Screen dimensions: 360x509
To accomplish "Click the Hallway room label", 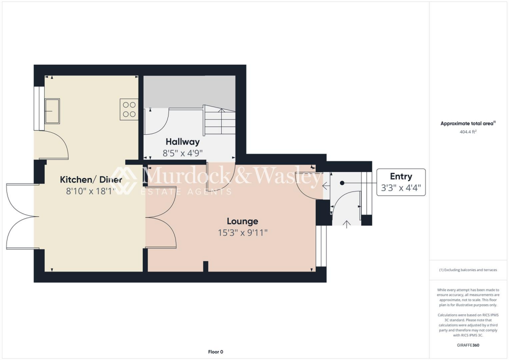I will pyautogui.click(x=182, y=142).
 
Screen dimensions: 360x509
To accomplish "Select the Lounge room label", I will pyautogui.click(x=243, y=221).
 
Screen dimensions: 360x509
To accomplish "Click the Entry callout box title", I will pyautogui.click(x=401, y=177).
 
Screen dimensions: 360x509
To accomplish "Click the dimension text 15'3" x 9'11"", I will pyautogui.click(x=243, y=232).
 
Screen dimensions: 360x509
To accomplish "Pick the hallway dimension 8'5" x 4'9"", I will pyautogui.click(x=182, y=153).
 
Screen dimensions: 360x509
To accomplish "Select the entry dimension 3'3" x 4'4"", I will pyautogui.click(x=401, y=188).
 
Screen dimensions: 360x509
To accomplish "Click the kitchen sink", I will pyautogui.click(x=52, y=110).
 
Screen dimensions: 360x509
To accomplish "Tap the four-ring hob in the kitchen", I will pyautogui.click(x=129, y=109).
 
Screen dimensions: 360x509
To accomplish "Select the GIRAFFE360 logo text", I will pyautogui.click(x=469, y=345).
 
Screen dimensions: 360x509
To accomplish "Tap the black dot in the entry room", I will pyautogui.click(x=342, y=183).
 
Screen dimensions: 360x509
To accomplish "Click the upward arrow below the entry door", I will pyautogui.click(x=346, y=224).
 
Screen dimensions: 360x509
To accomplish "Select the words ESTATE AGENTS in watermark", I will pyautogui.click(x=186, y=191).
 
